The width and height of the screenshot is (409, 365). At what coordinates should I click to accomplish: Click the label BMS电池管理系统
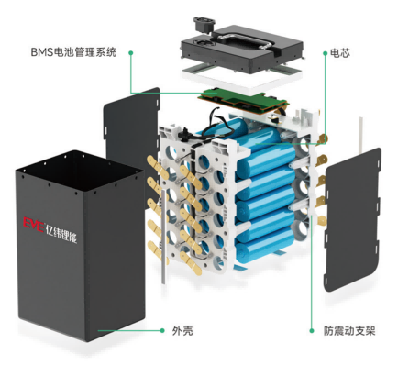coord(73,52)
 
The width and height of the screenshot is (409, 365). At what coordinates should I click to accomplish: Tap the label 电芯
coord(340,53)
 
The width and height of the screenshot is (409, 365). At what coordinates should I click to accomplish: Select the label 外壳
coord(182,331)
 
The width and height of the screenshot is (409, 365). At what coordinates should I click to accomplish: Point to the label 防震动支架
coord(349,331)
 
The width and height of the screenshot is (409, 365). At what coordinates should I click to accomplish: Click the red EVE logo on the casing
coord(34,225)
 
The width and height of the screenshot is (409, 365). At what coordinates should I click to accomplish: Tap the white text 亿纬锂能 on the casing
coord(61,234)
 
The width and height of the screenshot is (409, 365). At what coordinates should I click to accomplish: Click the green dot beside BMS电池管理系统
coord(131,53)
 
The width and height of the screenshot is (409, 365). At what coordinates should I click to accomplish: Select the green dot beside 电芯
coord(326,53)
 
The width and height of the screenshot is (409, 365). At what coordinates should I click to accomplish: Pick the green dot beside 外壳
coord(162,330)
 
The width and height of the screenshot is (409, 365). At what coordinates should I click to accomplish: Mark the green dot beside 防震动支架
coord(312,330)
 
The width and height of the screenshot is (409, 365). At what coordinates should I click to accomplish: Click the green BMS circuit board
coord(243,100)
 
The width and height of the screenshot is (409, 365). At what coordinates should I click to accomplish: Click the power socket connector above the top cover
coord(204,24)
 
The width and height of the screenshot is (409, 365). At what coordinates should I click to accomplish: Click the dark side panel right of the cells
coord(352,220)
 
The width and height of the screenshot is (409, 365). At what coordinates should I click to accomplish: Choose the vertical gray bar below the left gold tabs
coord(164,236)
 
